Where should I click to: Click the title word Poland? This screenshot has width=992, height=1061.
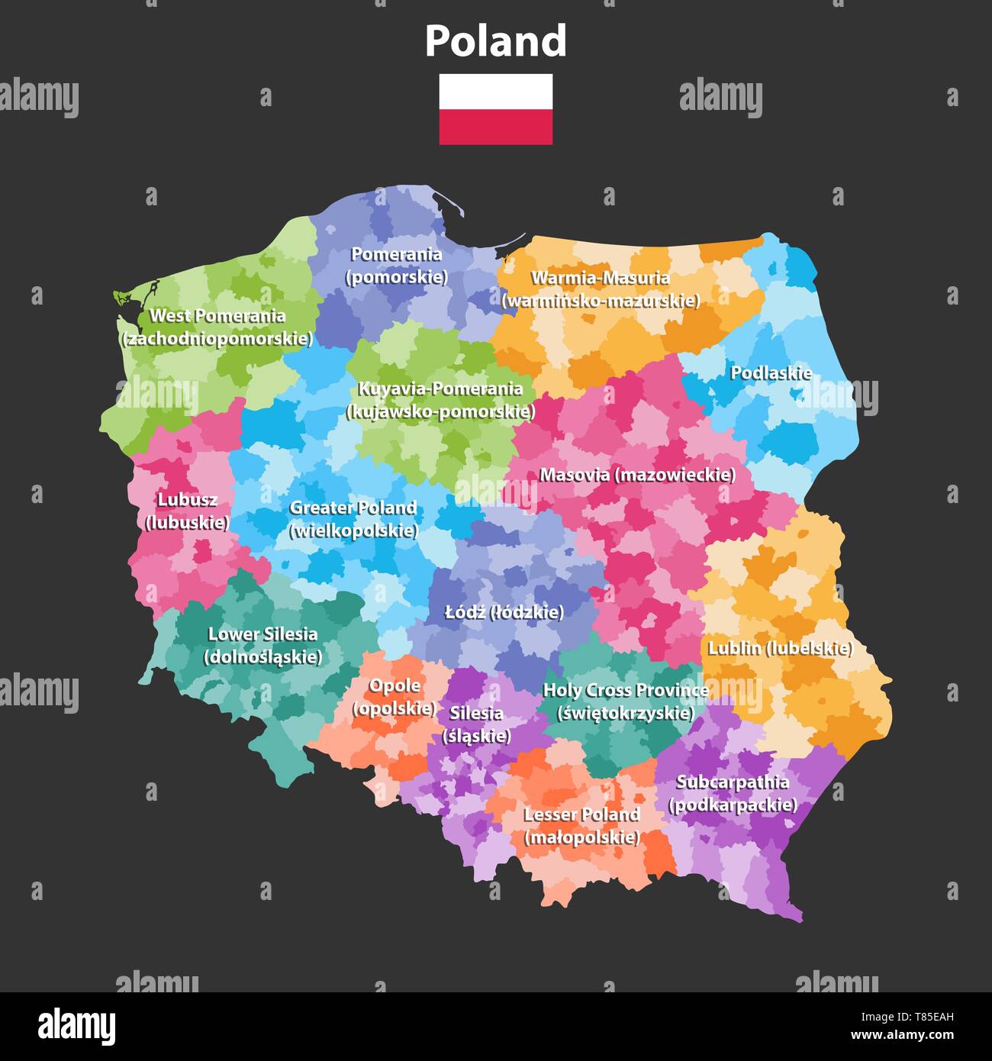pyautogui.click(x=495, y=41)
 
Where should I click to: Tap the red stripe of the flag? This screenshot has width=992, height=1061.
pyautogui.click(x=495, y=127)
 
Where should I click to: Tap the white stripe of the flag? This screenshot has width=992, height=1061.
pyautogui.click(x=495, y=92)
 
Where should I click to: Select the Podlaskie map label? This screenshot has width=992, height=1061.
pyautogui.click(x=771, y=373)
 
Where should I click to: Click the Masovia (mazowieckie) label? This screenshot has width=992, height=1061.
pyautogui.click(x=637, y=475)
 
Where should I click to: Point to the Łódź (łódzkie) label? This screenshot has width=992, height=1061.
pyautogui.click(x=504, y=612)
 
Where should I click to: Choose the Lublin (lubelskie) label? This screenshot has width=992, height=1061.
pyautogui.click(x=780, y=648)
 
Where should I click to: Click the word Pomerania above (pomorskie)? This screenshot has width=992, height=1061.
pyautogui.click(x=396, y=254)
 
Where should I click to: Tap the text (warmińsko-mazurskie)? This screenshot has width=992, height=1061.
pyautogui.click(x=601, y=301)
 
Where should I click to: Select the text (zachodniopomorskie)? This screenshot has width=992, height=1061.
pyautogui.click(x=217, y=339)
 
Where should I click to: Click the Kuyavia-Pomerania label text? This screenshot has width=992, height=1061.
pyautogui.click(x=440, y=389)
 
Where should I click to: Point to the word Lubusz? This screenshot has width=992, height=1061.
pyautogui.click(x=187, y=500)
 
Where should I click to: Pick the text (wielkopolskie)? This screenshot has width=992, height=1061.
pyautogui.click(x=353, y=530)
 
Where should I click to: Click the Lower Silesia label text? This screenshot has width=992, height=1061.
pyautogui.click(x=262, y=634)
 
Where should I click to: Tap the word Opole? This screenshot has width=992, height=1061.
pyautogui.click(x=395, y=685)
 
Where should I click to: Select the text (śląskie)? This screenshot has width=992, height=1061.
pyautogui.click(x=476, y=737)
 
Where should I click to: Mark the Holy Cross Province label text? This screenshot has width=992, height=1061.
pyautogui.click(x=626, y=690)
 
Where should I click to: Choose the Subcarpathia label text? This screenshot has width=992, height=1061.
pyautogui.click(x=733, y=782)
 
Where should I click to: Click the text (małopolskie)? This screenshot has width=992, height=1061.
pyautogui.click(x=581, y=837)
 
